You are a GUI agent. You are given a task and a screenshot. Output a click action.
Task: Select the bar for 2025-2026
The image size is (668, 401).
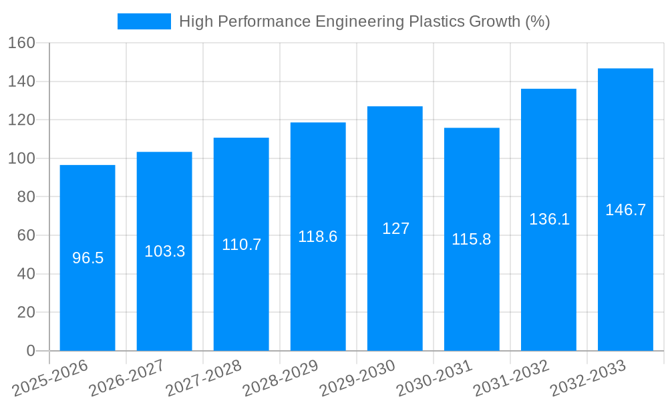(x=88, y=294)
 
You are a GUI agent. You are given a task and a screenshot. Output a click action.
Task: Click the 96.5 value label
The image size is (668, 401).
(x=88, y=258)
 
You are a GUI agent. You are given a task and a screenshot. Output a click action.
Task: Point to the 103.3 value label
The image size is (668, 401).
(x=164, y=251)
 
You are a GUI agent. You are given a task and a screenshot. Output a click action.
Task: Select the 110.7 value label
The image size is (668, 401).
(x=241, y=245)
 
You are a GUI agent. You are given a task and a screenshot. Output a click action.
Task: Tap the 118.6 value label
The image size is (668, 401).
(x=318, y=237)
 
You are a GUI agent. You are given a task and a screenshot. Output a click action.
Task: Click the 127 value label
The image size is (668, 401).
(x=395, y=229)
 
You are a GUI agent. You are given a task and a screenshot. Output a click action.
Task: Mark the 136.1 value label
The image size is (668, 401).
(x=549, y=219)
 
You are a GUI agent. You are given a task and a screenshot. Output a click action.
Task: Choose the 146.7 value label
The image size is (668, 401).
(x=625, y=210)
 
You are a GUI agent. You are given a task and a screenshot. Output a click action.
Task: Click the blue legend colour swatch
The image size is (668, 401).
(x=144, y=21)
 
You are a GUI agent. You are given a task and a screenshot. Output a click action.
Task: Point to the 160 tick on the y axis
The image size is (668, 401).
(x=21, y=43)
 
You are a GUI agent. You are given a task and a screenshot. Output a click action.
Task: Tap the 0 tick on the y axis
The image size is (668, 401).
(x=30, y=351)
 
